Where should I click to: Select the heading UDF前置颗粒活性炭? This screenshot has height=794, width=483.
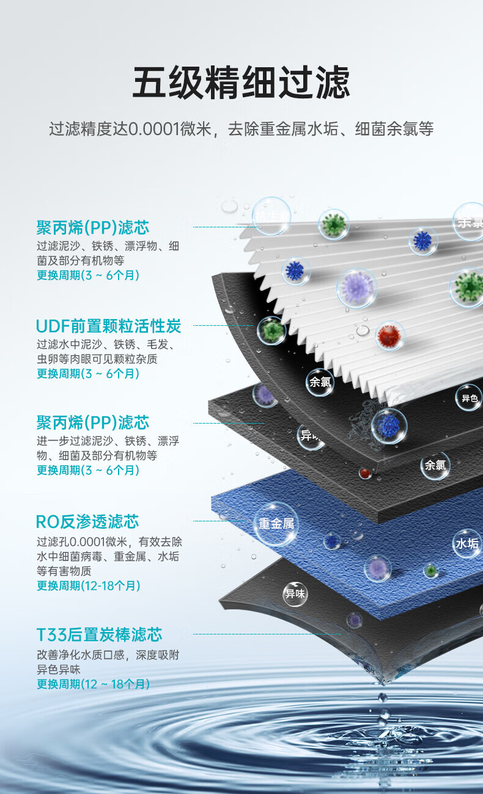[109, 326]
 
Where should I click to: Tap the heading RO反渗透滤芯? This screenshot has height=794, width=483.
[87, 521]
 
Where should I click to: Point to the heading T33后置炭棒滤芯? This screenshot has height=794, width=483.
[99, 634]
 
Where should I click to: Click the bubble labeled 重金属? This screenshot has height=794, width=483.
[276, 524]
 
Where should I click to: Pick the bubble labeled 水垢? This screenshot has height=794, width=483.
[466, 544]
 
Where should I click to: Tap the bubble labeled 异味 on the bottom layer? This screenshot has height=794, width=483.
[295, 594]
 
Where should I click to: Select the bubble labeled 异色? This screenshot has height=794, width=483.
[469, 398]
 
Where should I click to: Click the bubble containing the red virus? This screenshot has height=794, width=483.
[390, 336]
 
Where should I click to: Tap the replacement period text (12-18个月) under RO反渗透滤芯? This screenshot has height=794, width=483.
[89, 586]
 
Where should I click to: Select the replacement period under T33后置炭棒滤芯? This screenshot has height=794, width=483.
[94, 684]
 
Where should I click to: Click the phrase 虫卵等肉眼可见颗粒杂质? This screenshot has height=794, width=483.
[97, 359]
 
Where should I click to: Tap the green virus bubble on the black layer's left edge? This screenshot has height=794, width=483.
[271, 331]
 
